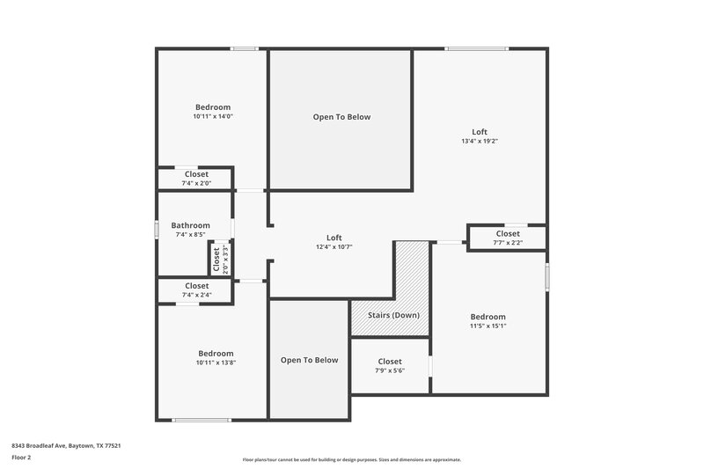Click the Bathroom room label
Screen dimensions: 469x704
(190, 225)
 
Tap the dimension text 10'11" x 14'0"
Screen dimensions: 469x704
(212, 116)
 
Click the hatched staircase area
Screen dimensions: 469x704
(410, 273)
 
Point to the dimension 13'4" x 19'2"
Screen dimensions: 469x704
(480, 141)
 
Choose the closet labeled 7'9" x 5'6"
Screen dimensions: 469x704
(390, 366)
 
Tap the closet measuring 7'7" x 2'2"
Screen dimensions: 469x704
(507, 238)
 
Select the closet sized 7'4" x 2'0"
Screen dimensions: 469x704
(196, 179)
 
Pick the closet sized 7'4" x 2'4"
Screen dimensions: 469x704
(196, 289)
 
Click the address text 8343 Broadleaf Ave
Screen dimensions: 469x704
(66, 446)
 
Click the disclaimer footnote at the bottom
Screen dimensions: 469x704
(351, 459)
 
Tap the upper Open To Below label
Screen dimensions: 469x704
(341, 117)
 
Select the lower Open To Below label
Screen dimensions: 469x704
(309, 360)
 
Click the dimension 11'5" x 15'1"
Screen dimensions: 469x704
(488, 326)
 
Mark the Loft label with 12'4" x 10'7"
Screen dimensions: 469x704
(334, 242)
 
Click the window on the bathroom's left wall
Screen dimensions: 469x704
(158, 229)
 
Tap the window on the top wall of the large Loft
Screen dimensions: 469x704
(476, 48)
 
